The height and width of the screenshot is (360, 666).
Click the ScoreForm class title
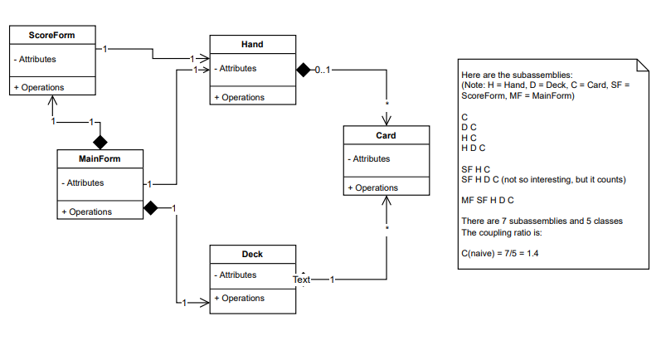pos(52,35)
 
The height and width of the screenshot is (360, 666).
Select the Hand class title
pos(252,44)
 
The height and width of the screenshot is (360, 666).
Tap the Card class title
pos(386,135)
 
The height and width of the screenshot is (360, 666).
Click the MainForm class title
pos(100,158)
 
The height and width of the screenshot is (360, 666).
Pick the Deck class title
pos(252,254)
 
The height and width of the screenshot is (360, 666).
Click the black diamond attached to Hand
pos(304,70)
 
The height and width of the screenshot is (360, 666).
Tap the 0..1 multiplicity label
pos(323,70)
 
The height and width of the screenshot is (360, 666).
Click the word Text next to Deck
pos(302,280)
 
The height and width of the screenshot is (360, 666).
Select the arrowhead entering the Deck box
pos(203,303)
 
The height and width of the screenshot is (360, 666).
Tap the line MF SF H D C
pos(488,200)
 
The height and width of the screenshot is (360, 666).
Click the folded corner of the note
pos(641,66)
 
